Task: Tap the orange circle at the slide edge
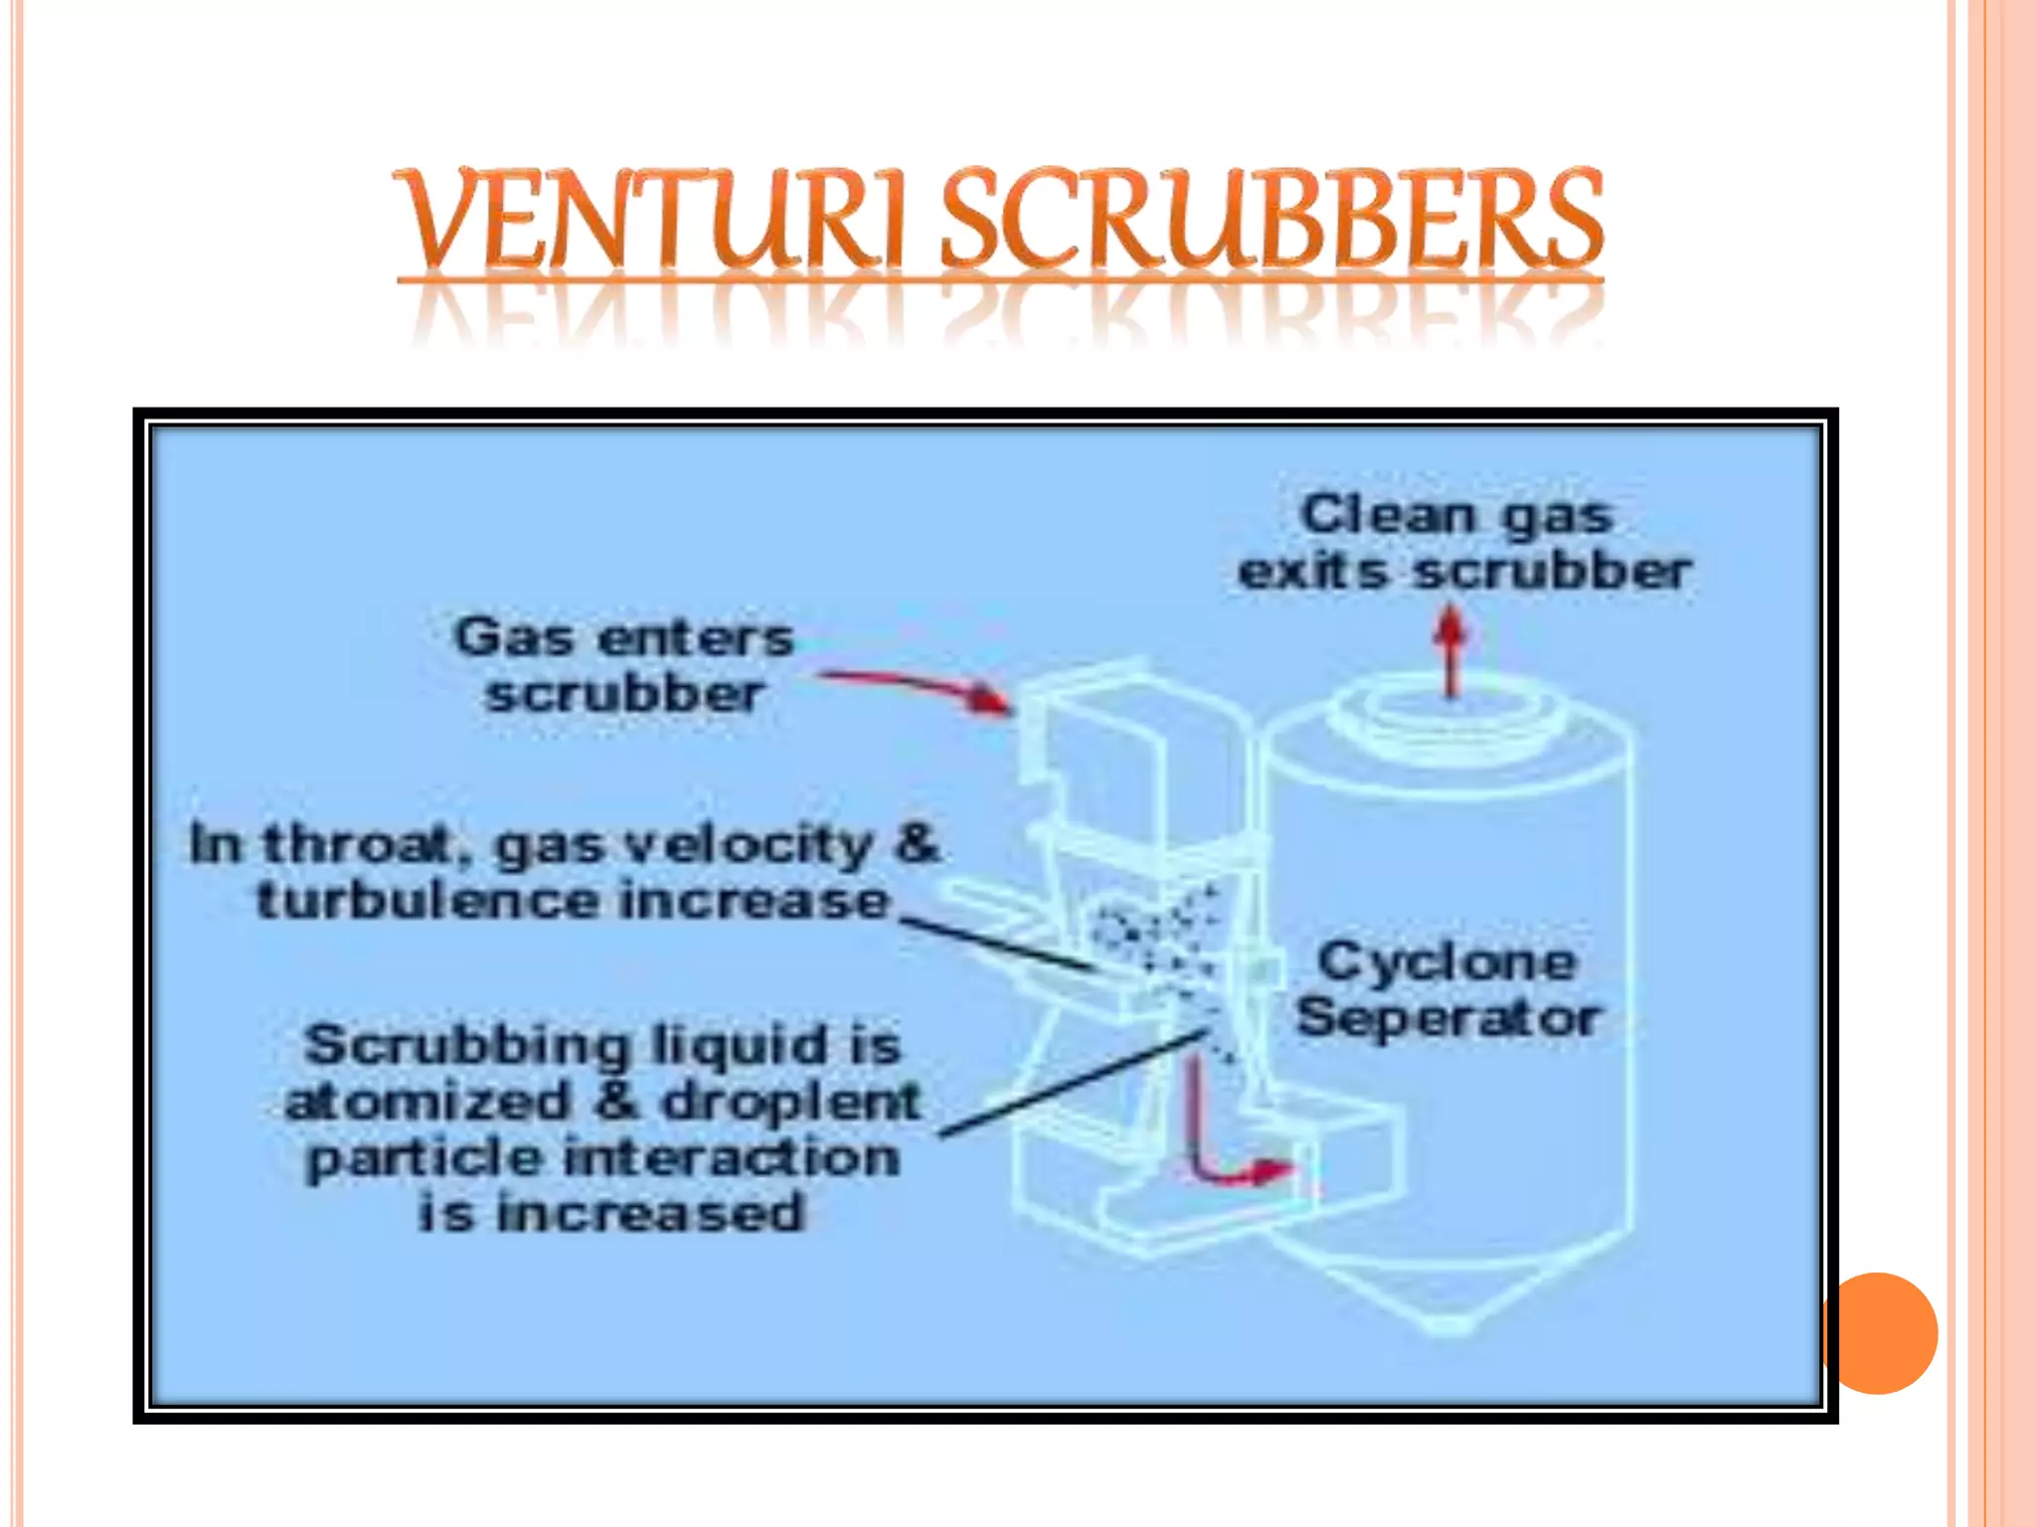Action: tap(1880, 1333)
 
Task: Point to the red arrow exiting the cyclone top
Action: tap(1451, 651)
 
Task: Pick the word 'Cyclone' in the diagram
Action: tap(1446, 961)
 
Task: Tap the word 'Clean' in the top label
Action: tap(1388, 515)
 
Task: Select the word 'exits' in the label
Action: tap(1312, 572)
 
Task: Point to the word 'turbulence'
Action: tap(427, 901)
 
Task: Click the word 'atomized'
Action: tap(427, 1102)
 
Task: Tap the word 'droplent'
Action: tap(790, 1102)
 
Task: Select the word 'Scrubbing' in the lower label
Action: tap(467, 1045)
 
